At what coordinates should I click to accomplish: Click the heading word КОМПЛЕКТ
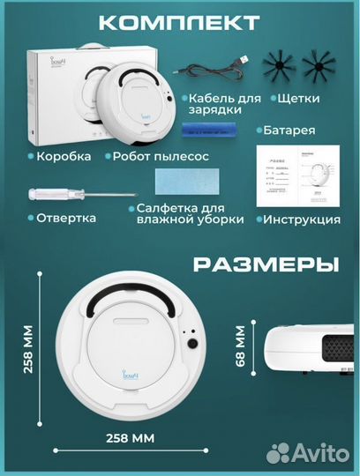pos(180,22)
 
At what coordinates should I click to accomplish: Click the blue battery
pos(210,130)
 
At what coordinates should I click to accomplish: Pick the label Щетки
pos(301,100)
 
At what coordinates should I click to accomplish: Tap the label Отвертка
pos(66,217)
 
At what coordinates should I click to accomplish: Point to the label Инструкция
pos(303,219)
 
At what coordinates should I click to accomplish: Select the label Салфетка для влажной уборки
pos(190,213)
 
